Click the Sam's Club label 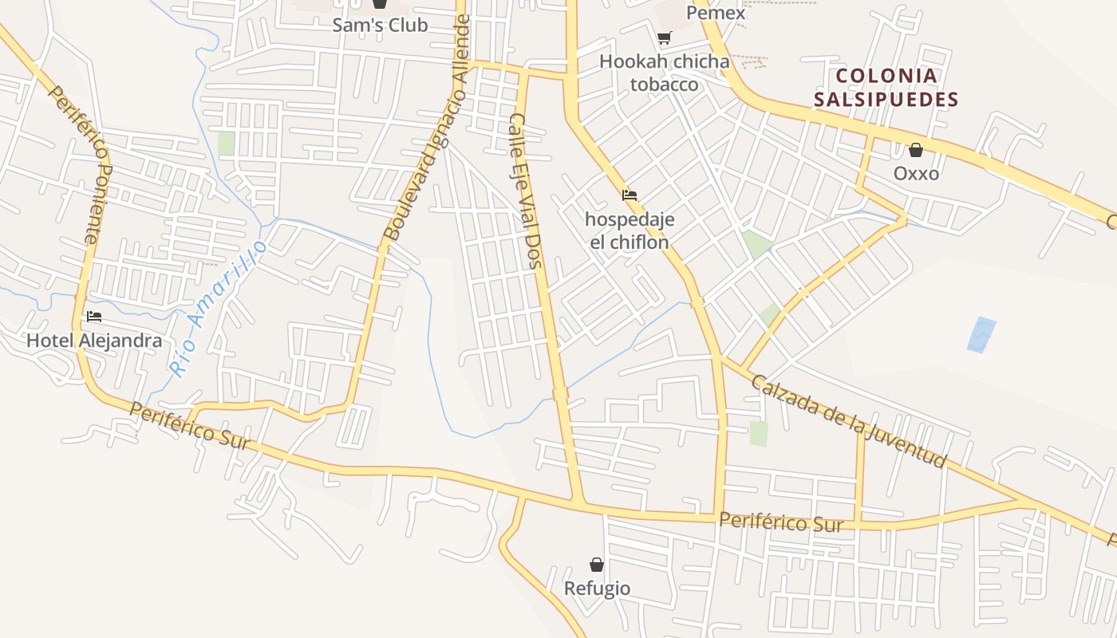tap(380, 25)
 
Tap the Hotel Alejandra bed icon tap(94, 317)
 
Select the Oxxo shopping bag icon tap(916, 150)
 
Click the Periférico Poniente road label tap(77, 163)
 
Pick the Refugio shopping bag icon tap(596, 565)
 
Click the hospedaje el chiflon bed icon tap(630, 195)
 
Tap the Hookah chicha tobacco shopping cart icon tap(664, 37)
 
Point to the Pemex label tap(716, 13)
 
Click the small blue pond tap(981, 335)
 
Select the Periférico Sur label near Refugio tap(780, 522)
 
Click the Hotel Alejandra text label tap(94, 341)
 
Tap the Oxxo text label tap(916, 173)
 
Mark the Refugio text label tap(597, 589)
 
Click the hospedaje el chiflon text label tap(630, 230)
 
